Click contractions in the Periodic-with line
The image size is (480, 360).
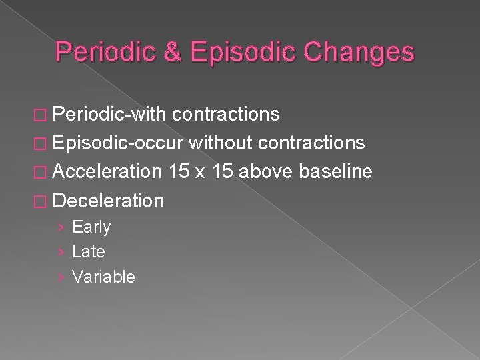(225, 115)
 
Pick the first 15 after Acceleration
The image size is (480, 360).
(179, 171)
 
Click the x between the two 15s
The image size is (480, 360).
(200, 173)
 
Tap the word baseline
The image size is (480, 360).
(335, 171)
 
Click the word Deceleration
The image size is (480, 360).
(107, 200)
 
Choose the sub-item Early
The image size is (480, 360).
(91, 227)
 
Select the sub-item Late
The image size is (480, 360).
(88, 252)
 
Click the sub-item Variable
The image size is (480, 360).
(103, 277)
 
